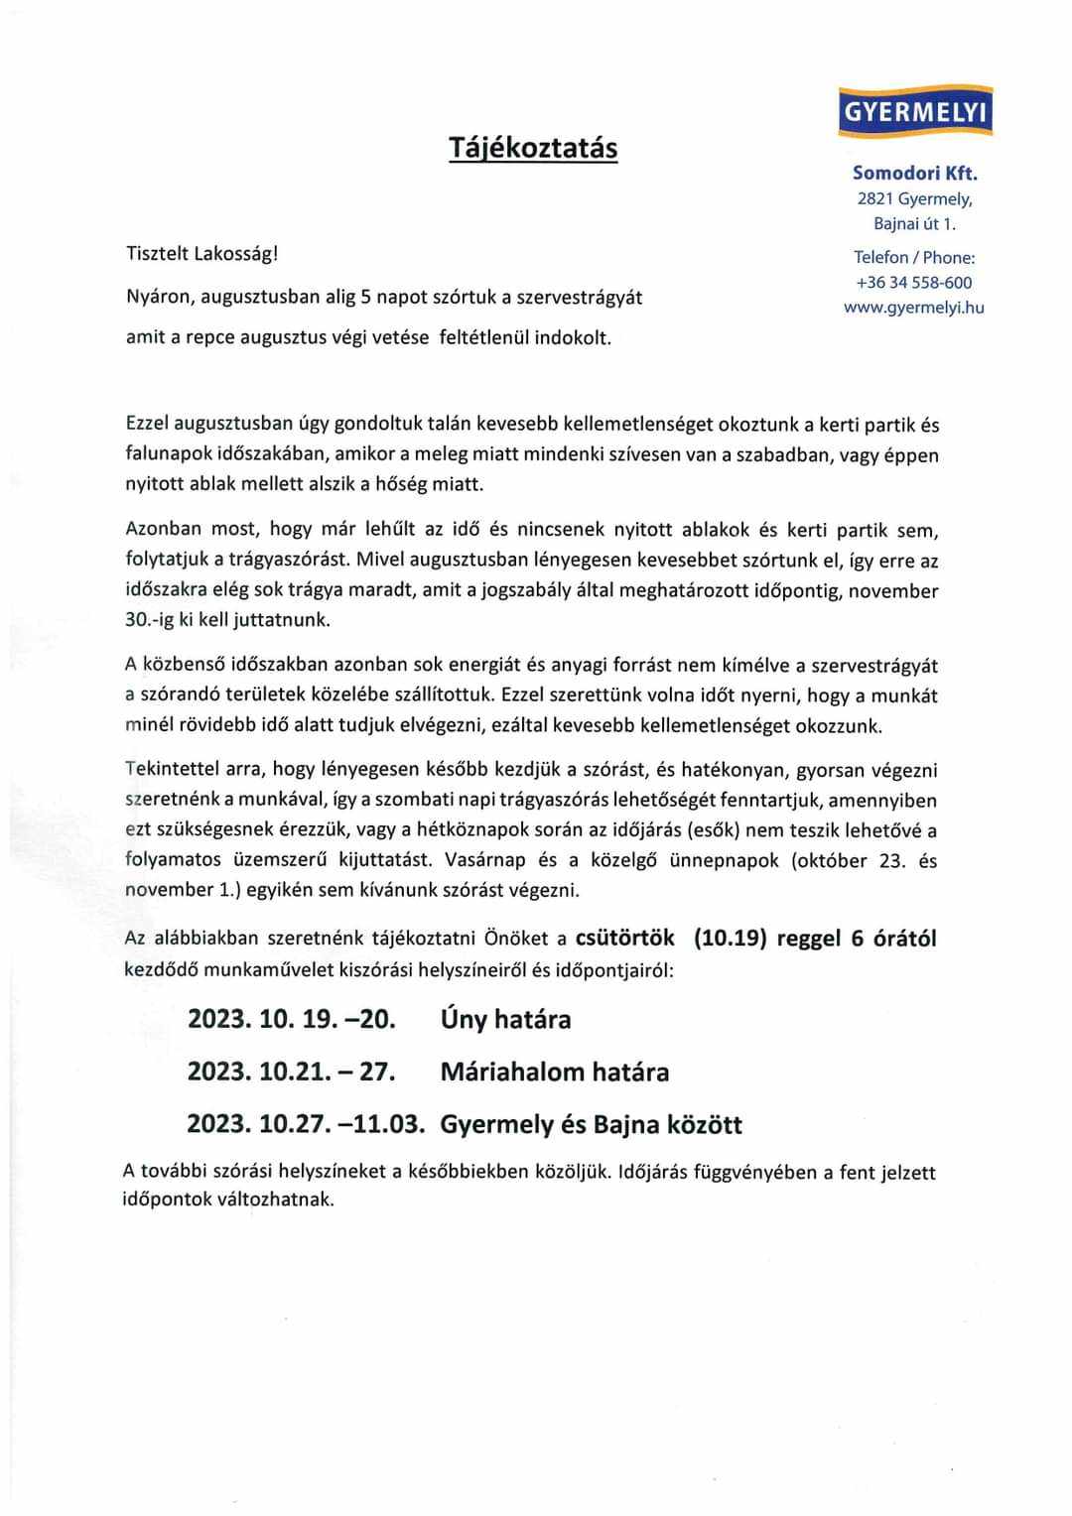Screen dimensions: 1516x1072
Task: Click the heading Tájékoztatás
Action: point(533,148)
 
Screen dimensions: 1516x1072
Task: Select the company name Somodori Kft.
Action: point(914,173)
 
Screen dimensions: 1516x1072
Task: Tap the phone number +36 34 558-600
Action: point(914,283)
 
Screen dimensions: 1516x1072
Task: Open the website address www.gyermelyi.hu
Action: point(914,308)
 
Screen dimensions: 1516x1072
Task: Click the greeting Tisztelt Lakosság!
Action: point(202,253)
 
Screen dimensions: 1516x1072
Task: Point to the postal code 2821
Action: point(875,198)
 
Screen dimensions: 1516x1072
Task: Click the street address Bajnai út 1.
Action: point(914,224)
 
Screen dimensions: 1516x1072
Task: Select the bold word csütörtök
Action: point(625,938)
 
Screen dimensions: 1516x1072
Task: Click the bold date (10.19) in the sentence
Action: point(731,938)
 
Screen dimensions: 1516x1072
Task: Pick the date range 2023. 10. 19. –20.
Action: point(292,1019)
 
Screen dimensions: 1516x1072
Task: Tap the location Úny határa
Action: point(505,1019)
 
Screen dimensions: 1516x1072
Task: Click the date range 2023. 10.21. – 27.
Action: point(292,1072)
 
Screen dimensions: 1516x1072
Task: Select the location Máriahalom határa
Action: point(554,1072)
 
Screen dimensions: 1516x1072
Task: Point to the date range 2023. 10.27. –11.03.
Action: point(306,1124)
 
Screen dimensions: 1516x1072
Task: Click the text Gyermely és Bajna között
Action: point(591,1124)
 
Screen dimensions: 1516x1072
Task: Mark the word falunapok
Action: point(166,455)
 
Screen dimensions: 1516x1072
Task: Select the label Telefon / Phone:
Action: point(914,258)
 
